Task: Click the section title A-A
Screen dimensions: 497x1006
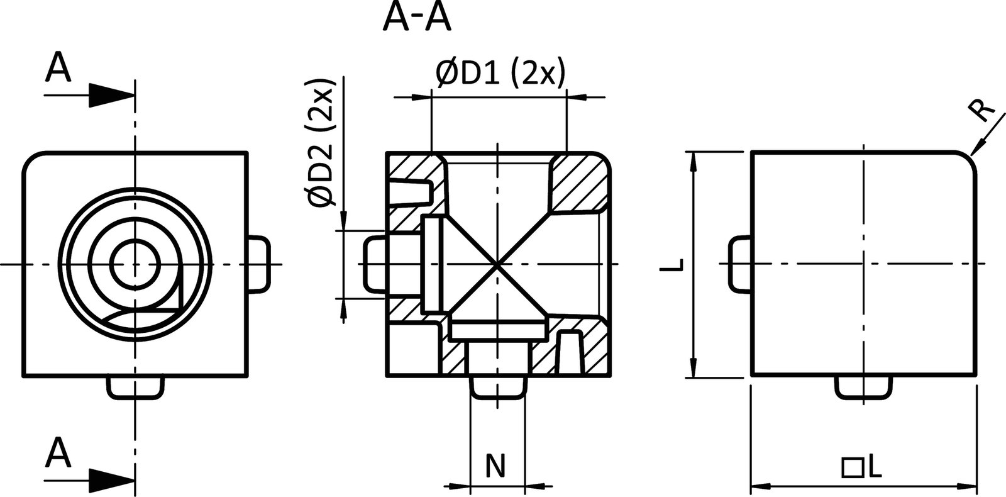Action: click(x=416, y=19)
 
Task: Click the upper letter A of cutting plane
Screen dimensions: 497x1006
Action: click(x=58, y=68)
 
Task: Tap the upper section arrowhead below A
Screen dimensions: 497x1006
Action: click(x=111, y=96)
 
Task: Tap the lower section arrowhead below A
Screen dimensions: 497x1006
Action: click(x=111, y=481)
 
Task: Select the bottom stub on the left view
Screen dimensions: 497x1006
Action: click(x=135, y=387)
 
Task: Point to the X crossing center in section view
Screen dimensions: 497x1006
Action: click(x=497, y=264)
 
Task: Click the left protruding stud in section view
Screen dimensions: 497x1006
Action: click(x=375, y=264)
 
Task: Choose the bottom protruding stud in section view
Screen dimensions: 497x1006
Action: click(x=497, y=386)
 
